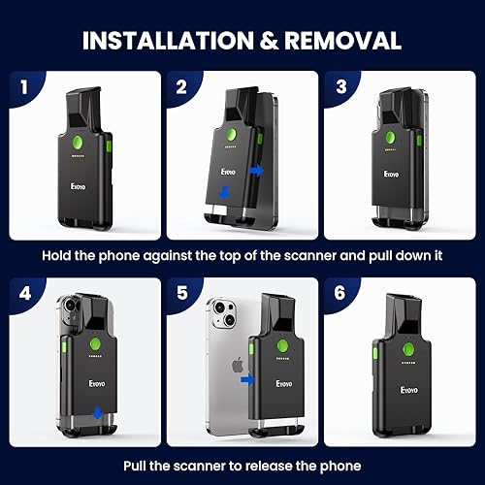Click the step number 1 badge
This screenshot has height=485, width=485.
(x=20, y=84)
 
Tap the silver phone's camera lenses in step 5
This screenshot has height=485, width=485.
(x=222, y=320)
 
